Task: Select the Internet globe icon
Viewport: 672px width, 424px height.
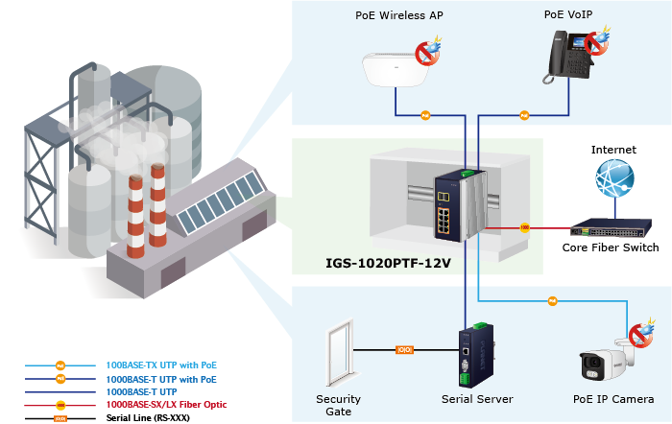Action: click(x=612, y=181)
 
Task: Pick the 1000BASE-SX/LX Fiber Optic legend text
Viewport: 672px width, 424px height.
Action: click(x=166, y=405)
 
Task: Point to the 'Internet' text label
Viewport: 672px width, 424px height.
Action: click(x=613, y=150)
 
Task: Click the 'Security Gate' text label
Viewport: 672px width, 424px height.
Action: click(x=338, y=405)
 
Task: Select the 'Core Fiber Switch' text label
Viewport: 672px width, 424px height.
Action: click(x=612, y=248)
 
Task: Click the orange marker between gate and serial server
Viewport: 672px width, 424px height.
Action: click(x=404, y=349)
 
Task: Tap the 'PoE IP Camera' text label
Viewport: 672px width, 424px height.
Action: click(x=614, y=399)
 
